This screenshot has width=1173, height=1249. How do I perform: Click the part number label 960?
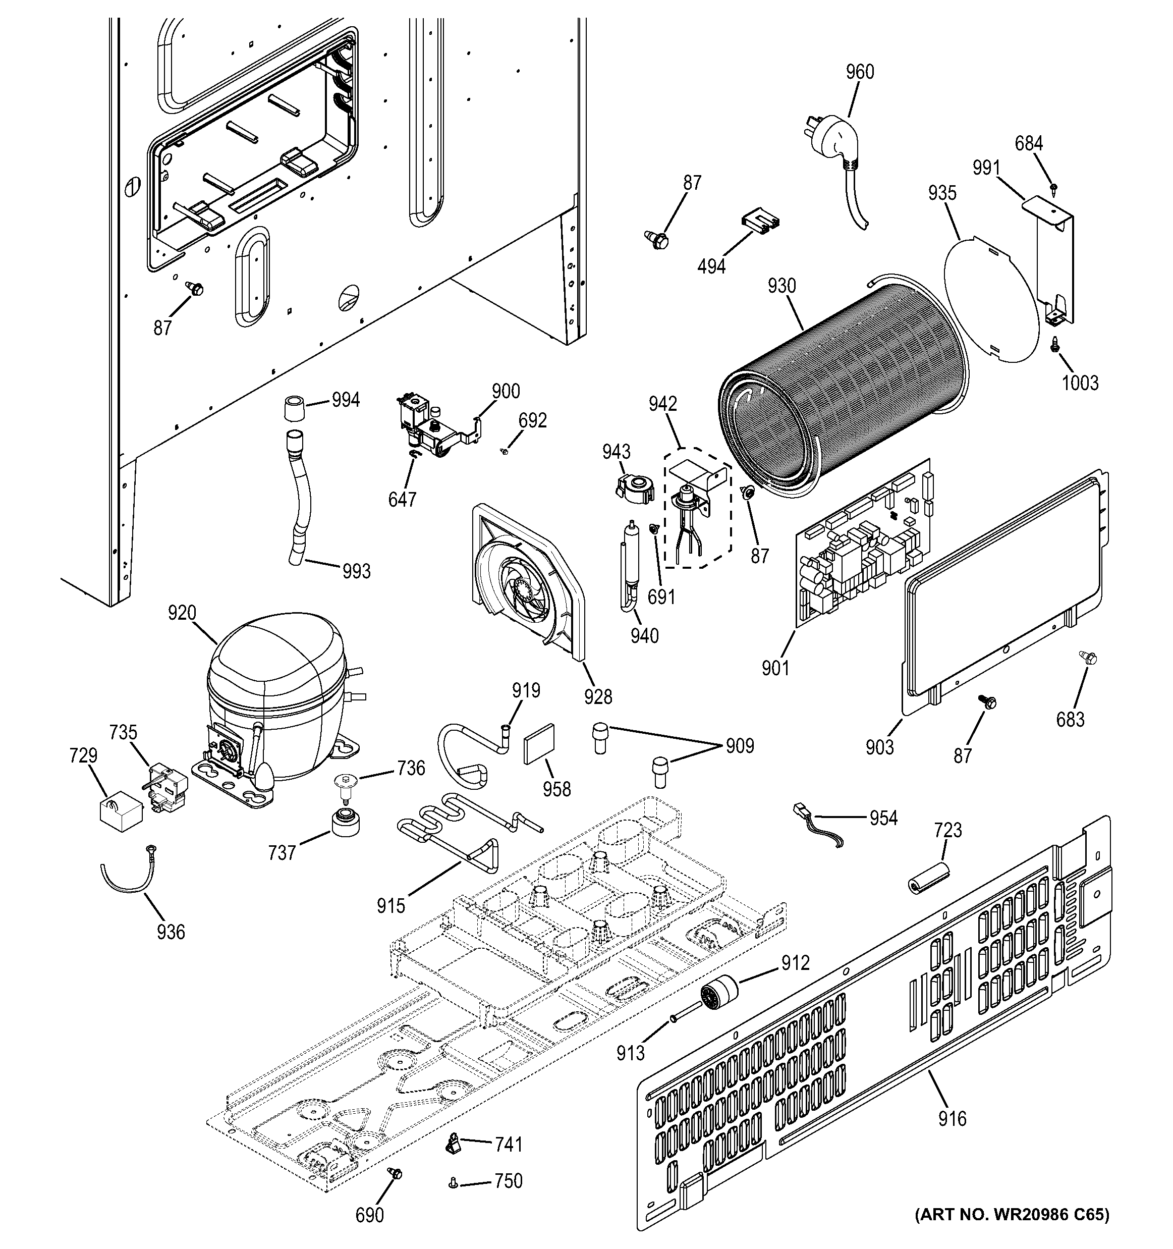[x=860, y=72]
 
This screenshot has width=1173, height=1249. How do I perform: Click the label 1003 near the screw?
[x=1080, y=383]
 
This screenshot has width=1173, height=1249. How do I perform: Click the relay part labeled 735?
[x=167, y=788]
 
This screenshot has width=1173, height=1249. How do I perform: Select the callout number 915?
[x=390, y=905]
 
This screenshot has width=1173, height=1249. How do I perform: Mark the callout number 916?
[x=952, y=1118]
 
